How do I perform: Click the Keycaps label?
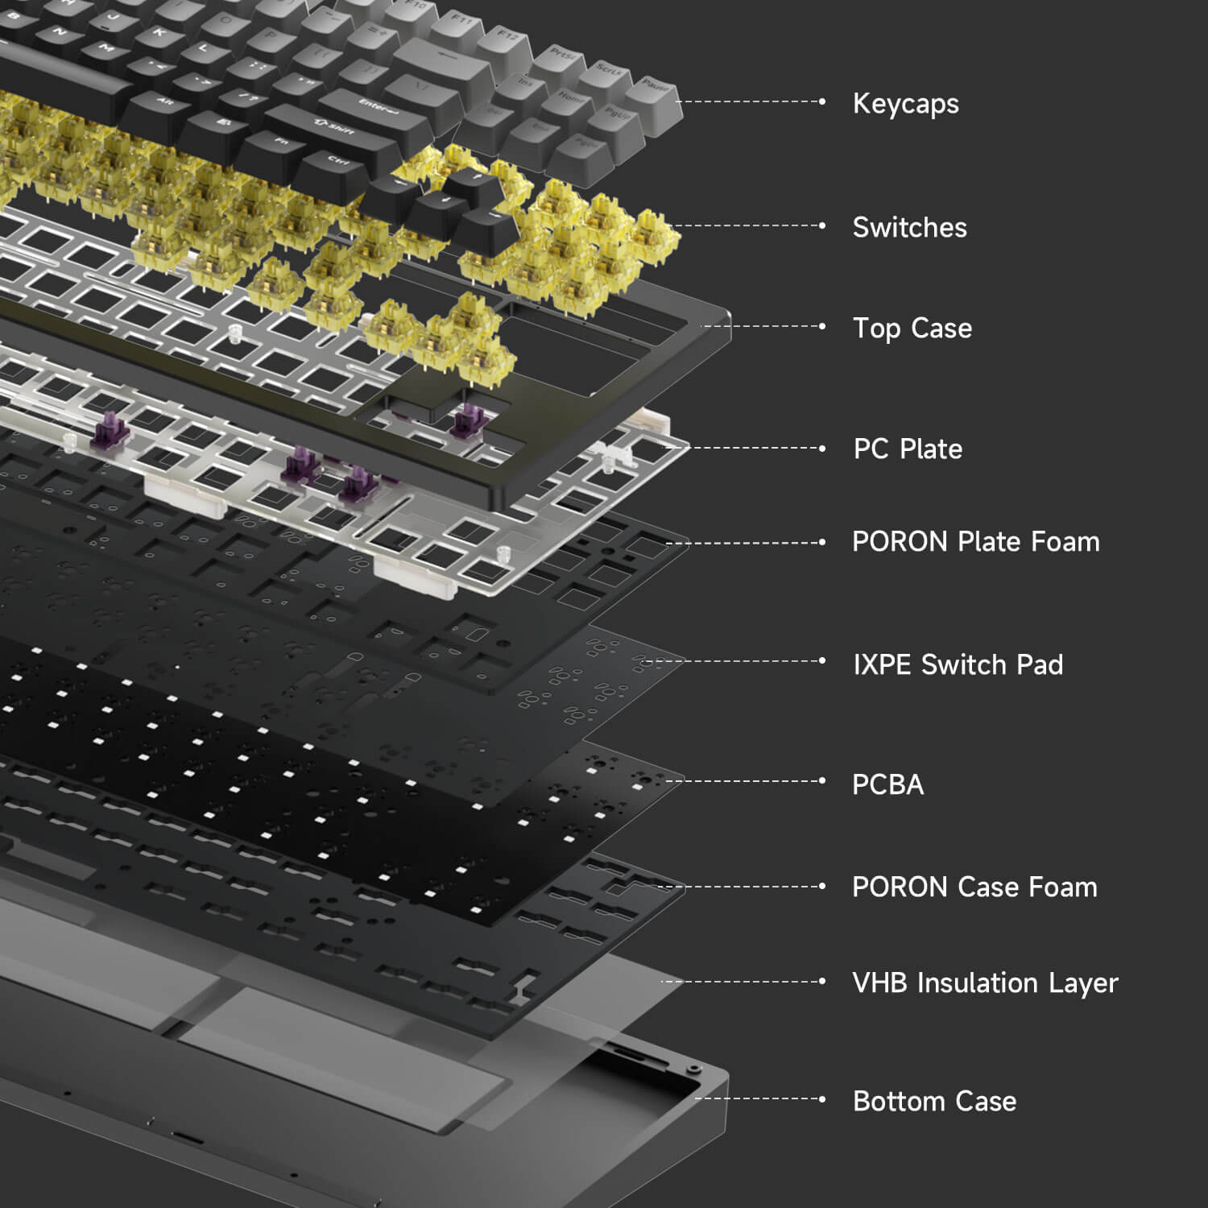pos(906,104)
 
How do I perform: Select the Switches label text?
pos(910,227)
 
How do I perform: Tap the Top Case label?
pos(912,328)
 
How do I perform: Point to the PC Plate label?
pos(908,449)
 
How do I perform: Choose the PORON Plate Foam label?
pos(976,542)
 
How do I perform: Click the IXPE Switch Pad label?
pos(958,664)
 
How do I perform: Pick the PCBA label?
pos(888,784)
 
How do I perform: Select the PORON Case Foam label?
pos(975,887)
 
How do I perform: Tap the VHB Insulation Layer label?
pos(986,983)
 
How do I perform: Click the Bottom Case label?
pos(935,1101)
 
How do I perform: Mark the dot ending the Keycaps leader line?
pos(822,101)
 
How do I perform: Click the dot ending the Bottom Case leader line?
pos(822,1098)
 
